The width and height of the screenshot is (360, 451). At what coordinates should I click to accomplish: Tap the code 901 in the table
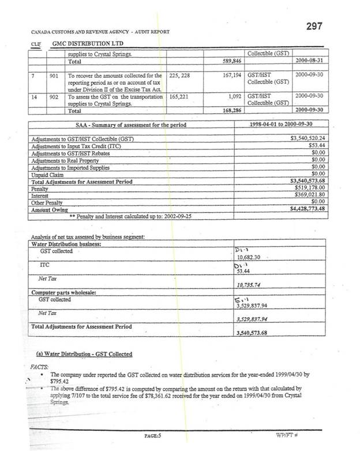pos(54,75)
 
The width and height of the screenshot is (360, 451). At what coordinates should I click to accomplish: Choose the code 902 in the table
pos(54,96)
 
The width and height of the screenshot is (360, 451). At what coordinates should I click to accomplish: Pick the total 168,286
pos(231,110)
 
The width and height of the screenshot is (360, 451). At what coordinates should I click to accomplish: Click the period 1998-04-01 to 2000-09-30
pos(281,125)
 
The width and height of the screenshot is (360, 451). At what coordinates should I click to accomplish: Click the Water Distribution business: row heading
pos(65,244)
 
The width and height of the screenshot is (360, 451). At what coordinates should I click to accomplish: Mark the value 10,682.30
pos(252,257)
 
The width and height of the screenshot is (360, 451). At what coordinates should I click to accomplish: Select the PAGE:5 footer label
pos(152,436)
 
